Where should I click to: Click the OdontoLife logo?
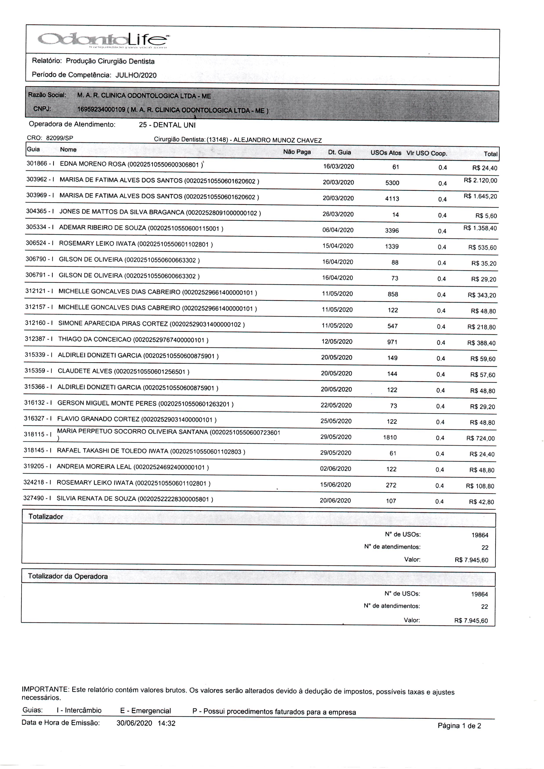(x=103, y=41)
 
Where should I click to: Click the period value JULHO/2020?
(x=136, y=75)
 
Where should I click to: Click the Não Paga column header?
(x=297, y=152)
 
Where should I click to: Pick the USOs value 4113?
(x=392, y=199)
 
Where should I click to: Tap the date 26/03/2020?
(x=338, y=214)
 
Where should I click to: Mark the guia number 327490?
(x=34, y=498)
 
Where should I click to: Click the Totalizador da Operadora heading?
(x=68, y=576)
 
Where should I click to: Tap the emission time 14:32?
(x=166, y=723)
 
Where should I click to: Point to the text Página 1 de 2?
(x=459, y=726)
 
